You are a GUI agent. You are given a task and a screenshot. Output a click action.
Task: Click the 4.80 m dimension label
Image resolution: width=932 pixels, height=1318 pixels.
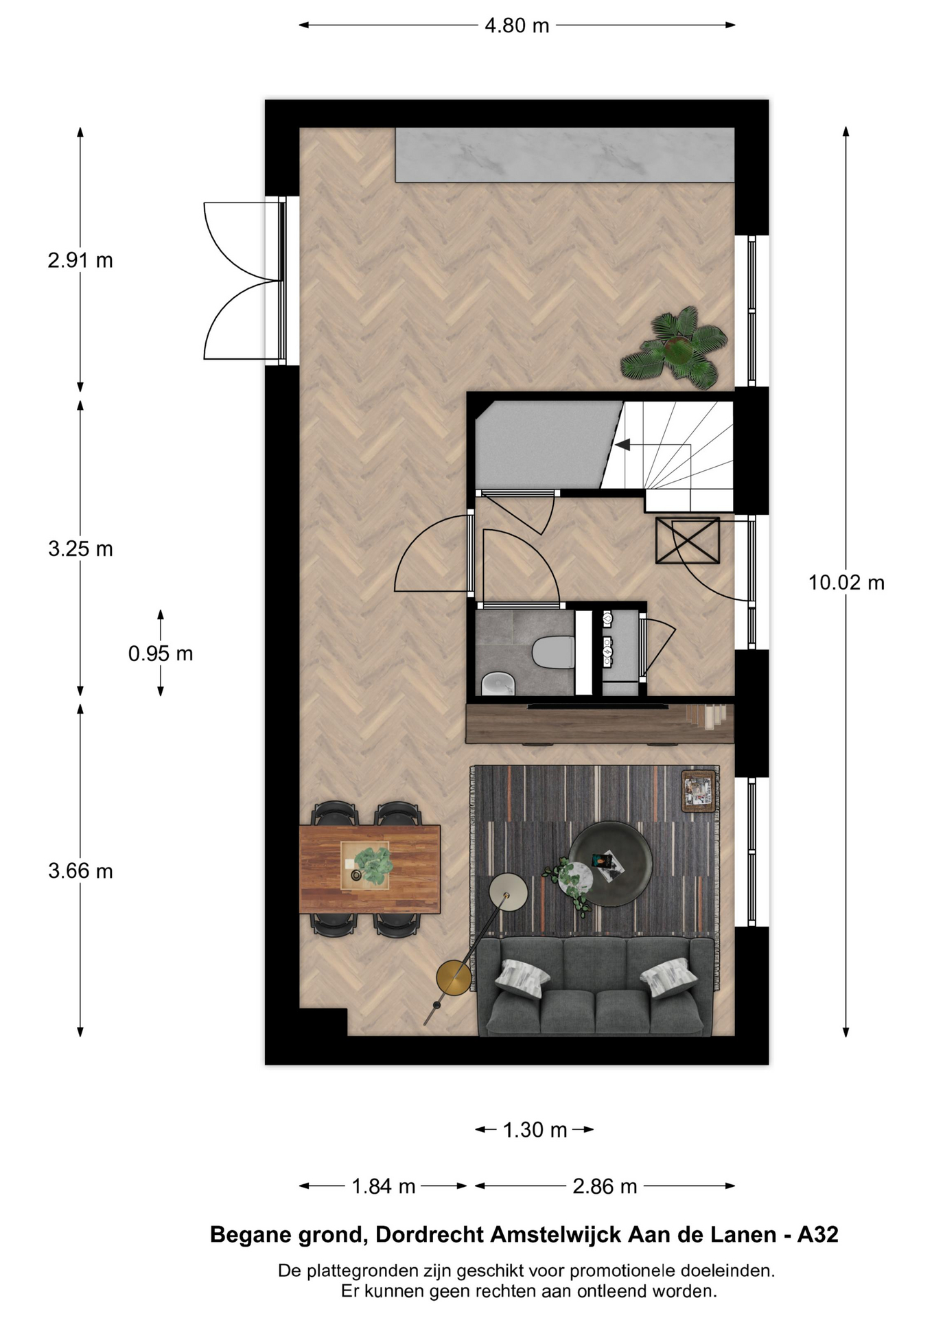[x=517, y=25]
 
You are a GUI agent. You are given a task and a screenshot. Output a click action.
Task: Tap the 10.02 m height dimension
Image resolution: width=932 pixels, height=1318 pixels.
[x=846, y=583]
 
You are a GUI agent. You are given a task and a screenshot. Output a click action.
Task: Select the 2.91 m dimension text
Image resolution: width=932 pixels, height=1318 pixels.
[x=80, y=261]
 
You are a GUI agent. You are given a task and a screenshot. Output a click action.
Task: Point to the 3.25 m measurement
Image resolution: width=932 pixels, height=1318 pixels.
[x=80, y=549]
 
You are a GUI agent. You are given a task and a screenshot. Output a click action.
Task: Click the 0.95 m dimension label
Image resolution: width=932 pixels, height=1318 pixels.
[x=161, y=654]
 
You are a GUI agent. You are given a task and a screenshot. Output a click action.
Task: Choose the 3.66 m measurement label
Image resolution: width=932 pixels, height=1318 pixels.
[x=80, y=871]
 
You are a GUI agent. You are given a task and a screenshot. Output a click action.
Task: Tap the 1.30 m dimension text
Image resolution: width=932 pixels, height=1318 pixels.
[x=535, y=1130]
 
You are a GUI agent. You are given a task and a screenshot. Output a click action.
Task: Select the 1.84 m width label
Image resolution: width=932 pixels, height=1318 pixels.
[x=384, y=1186]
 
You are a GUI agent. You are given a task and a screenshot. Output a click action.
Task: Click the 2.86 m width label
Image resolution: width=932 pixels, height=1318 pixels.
[x=605, y=1186]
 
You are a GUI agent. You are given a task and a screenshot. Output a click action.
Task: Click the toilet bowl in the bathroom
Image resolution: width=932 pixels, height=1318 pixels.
[x=553, y=651]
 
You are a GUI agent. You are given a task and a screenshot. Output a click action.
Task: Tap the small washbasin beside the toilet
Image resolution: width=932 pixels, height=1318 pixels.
[x=498, y=684]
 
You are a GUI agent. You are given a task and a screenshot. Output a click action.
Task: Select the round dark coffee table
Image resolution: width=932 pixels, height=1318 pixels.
[x=610, y=864]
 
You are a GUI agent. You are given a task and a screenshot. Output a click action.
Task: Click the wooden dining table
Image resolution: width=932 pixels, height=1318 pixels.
[x=370, y=869]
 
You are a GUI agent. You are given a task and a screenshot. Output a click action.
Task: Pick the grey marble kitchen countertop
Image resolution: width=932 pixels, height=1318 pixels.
[x=565, y=155]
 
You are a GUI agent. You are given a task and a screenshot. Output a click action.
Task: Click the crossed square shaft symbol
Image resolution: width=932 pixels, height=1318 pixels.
[x=688, y=541]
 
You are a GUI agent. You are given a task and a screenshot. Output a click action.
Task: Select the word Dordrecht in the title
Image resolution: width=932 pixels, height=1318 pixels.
[x=430, y=1235]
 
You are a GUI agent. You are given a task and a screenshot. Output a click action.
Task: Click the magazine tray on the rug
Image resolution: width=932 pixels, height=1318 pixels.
[x=699, y=791]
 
